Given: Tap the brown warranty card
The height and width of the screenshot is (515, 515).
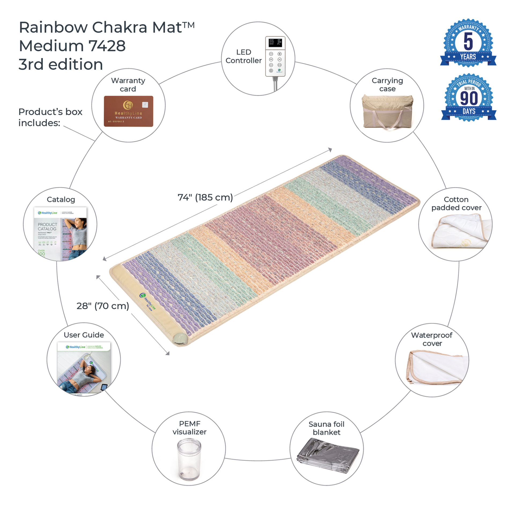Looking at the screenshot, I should [128, 111].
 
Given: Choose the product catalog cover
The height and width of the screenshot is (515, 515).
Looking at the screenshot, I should [60, 233].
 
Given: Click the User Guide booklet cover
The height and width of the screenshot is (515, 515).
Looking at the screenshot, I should [84, 368].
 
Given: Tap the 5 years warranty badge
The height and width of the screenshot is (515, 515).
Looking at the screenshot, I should [468, 43].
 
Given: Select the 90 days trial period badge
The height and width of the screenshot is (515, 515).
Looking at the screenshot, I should [469, 98].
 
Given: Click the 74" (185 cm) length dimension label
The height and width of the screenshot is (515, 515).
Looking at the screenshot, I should [205, 197].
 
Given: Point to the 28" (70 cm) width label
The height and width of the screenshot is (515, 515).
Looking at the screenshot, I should [103, 306].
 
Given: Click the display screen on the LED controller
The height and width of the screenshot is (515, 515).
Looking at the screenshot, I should [275, 42].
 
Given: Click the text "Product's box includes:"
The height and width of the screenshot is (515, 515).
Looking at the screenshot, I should [50, 117].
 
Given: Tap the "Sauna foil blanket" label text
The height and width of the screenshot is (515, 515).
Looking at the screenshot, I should [326, 428].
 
